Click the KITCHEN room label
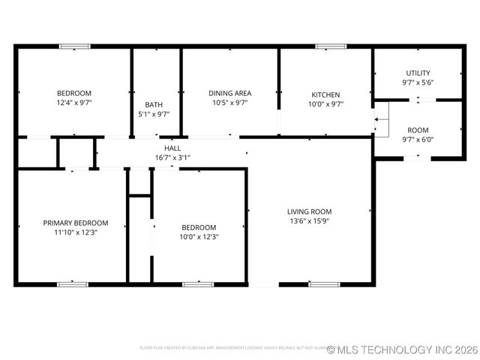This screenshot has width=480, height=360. [x=325, y=94]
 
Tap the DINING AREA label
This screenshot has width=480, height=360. [x=229, y=93]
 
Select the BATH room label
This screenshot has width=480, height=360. [x=154, y=104]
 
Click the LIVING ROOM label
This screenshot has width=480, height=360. [x=309, y=211]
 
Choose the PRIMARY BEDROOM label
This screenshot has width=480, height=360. [x=75, y=223]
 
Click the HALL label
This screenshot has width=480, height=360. [x=172, y=148]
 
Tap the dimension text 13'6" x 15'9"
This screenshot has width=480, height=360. [x=309, y=221]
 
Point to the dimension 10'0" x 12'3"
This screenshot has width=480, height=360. [x=199, y=237]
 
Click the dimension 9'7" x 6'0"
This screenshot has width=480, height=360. [x=418, y=139]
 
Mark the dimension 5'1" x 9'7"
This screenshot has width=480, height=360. [x=154, y=114]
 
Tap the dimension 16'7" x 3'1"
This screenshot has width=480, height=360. [x=172, y=157]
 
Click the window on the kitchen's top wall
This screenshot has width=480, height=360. [x=325, y=46]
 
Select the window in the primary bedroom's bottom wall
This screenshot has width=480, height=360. [x=73, y=284]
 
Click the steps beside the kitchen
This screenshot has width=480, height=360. [x=382, y=120]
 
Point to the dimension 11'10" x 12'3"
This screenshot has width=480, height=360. [x=75, y=232]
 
